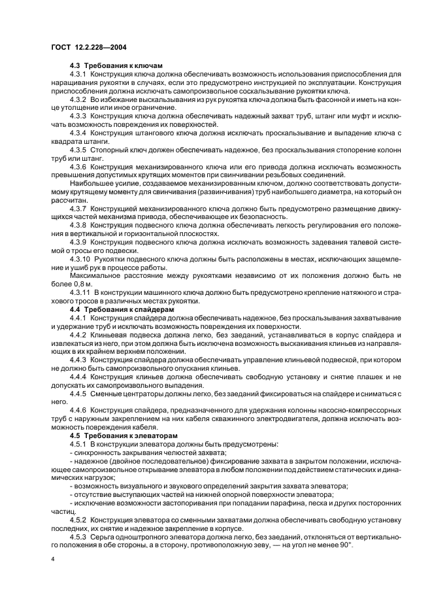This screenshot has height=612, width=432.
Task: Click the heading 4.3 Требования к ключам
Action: coord(116,66)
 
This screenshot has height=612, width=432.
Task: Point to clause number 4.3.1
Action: coord(78,75)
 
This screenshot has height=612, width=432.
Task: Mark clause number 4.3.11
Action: coord(80,292)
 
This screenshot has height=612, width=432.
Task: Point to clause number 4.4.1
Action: coord(78,316)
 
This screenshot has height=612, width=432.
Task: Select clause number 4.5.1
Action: coord(78,443)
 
